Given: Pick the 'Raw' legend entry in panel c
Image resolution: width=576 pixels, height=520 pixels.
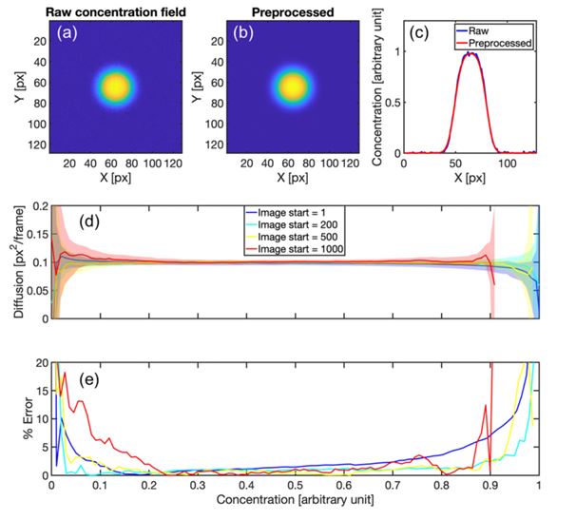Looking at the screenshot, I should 503,30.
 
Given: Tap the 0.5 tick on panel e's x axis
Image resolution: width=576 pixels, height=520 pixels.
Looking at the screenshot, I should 295,484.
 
